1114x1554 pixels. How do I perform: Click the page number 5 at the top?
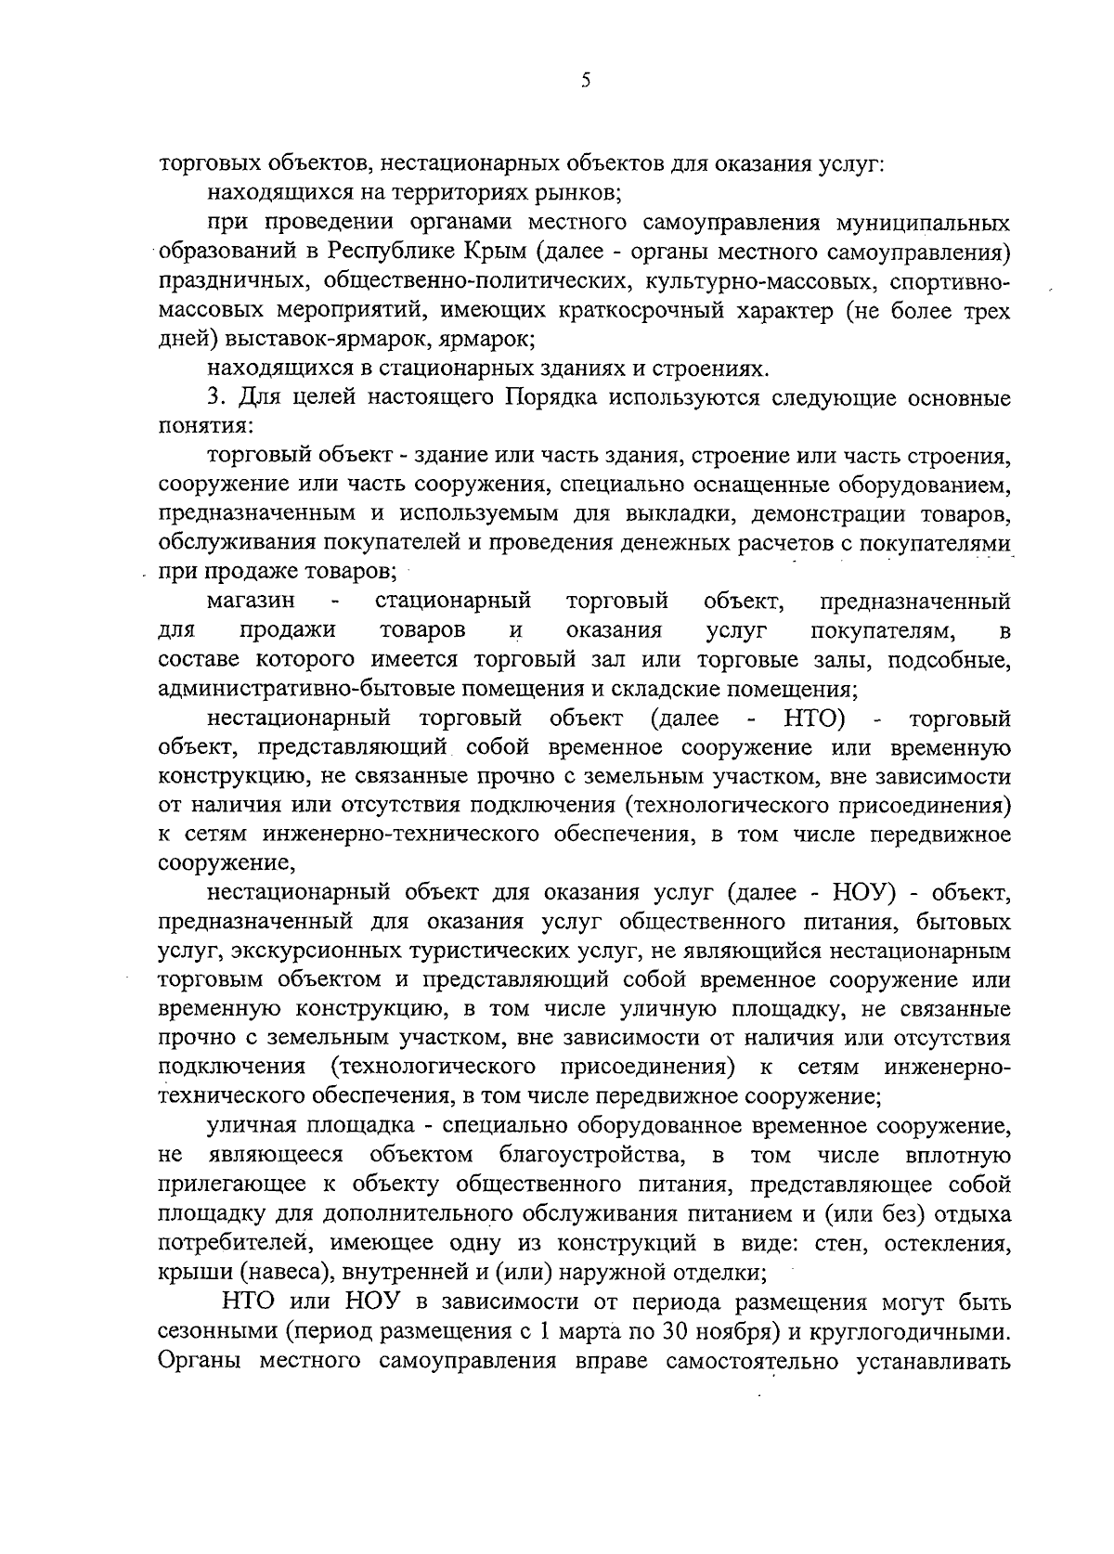point(585,81)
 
